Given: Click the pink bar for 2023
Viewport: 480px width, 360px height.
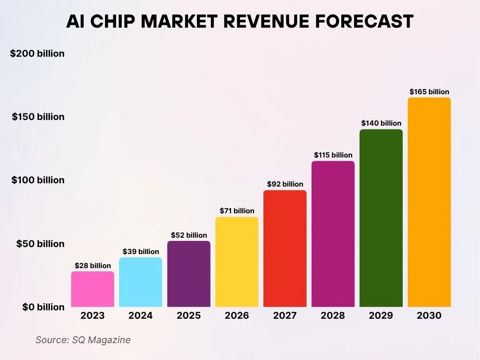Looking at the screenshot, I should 92,289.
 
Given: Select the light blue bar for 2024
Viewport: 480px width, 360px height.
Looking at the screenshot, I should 141,282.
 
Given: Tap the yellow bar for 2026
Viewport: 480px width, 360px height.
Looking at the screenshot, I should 237,262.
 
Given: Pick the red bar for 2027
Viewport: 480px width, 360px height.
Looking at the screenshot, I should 285,248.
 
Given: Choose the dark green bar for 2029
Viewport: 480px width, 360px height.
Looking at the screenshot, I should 381,218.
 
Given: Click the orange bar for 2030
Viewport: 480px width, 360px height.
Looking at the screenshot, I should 429,202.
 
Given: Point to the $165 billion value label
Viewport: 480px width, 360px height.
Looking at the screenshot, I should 429,92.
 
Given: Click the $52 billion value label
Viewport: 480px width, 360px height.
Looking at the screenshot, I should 189,235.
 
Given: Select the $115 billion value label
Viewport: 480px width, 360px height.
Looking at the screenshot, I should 333,155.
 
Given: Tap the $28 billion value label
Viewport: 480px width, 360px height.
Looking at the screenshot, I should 93,266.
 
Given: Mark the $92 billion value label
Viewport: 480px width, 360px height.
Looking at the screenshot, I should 285,184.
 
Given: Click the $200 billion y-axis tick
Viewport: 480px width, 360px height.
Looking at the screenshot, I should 37,53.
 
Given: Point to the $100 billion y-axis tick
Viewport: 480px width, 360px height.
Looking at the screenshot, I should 38,180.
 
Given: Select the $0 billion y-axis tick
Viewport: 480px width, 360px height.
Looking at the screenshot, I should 44,307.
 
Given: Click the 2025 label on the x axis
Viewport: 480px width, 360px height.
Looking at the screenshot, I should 188,315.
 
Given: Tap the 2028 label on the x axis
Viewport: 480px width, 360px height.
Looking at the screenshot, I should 333,315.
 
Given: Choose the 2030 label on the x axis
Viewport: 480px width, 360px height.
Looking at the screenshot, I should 429,315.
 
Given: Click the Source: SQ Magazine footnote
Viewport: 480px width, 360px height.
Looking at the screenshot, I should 83,340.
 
